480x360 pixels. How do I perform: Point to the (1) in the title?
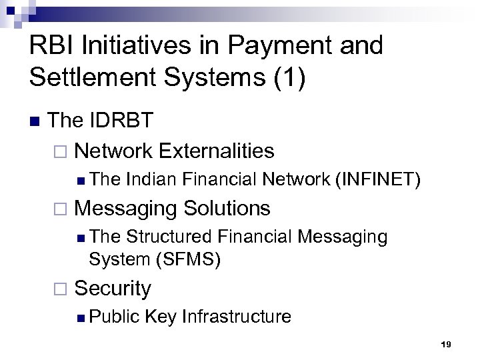289,77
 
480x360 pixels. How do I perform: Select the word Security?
113,288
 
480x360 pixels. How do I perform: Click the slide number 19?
446,344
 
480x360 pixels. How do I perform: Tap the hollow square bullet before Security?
62,289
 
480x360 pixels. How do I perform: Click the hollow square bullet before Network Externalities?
62,151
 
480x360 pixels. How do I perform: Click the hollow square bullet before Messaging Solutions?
62,209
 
